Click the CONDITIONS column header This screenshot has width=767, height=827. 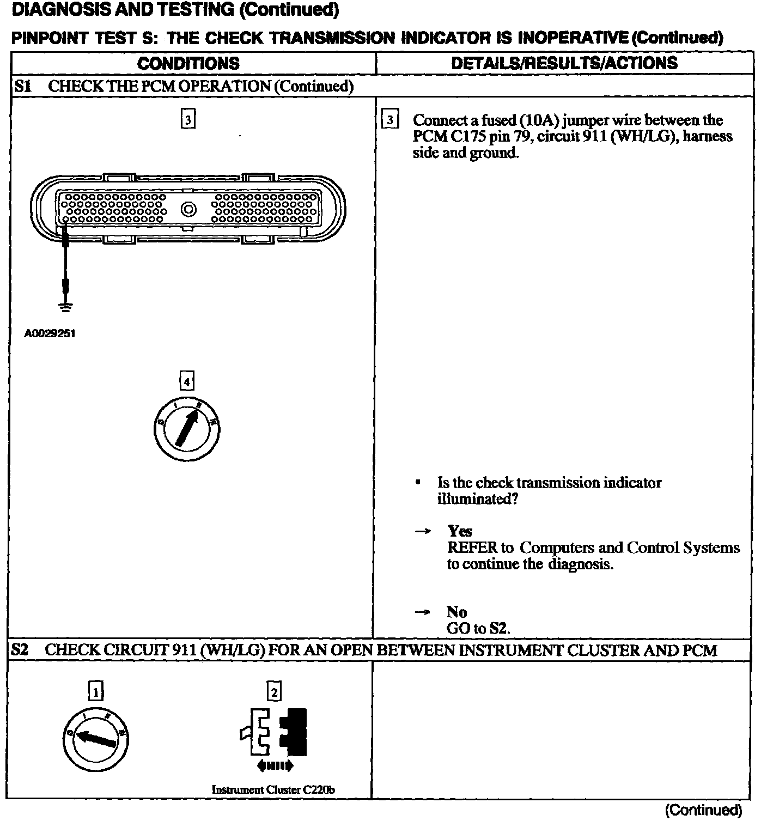(x=188, y=63)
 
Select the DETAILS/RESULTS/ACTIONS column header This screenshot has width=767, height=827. (x=564, y=63)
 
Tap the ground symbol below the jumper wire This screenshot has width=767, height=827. (x=65, y=307)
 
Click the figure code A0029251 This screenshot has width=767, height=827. (x=50, y=333)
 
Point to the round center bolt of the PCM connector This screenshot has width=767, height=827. (x=188, y=209)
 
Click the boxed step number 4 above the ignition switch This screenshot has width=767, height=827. (x=187, y=382)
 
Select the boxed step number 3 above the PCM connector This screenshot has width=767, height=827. (x=188, y=119)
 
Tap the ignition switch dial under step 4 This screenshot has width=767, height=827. (x=187, y=429)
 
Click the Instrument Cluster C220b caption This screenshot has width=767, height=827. (x=272, y=789)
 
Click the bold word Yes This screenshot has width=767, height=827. (x=460, y=531)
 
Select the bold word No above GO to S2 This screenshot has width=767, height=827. (x=456, y=612)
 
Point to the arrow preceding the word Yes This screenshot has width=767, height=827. (x=423, y=531)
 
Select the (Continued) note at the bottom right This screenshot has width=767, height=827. (x=703, y=810)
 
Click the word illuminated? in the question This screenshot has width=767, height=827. (x=477, y=499)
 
